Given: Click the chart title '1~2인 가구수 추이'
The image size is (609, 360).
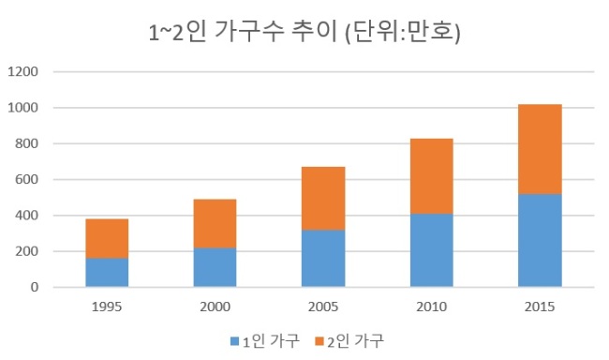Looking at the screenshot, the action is click(x=244, y=32).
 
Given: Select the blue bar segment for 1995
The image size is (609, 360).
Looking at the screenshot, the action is click(x=107, y=273).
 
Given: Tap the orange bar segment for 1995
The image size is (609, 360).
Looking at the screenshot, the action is click(x=107, y=239).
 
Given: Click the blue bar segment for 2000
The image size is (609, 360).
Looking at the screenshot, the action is click(x=215, y=267).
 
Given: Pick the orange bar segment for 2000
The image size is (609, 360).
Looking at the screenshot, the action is click(x=215, y=224).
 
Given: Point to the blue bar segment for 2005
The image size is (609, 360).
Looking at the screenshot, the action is click(x=323, y=259).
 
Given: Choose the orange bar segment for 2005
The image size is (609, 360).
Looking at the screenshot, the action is click(x=323, y=199).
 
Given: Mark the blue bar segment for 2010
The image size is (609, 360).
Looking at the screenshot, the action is click(x=432, y=250).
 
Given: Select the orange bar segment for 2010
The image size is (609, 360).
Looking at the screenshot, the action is click(x=432, y=176).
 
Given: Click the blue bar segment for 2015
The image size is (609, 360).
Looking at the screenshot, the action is click(x=540, y=241).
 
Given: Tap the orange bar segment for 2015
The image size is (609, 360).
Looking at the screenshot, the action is click(x=540, y=149).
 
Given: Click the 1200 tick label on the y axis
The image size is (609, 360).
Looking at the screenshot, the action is click(x=22, y=71).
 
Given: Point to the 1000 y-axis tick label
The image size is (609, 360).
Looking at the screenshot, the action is click(x=22, y=108).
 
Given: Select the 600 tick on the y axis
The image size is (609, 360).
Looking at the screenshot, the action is click(x=26, y=179).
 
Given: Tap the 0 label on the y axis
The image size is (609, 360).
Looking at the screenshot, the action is click(x=35, y=287).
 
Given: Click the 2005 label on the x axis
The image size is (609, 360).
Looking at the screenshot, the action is click(x=323, y=307).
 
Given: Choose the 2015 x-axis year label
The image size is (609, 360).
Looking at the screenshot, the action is click(x=540, y=307).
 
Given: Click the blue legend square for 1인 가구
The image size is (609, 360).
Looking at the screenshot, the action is click(x=234, y=341).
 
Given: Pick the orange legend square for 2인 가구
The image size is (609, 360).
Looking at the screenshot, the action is click(x=319, y=341).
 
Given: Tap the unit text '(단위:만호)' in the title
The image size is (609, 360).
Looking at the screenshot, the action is click(x=403, y=32).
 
